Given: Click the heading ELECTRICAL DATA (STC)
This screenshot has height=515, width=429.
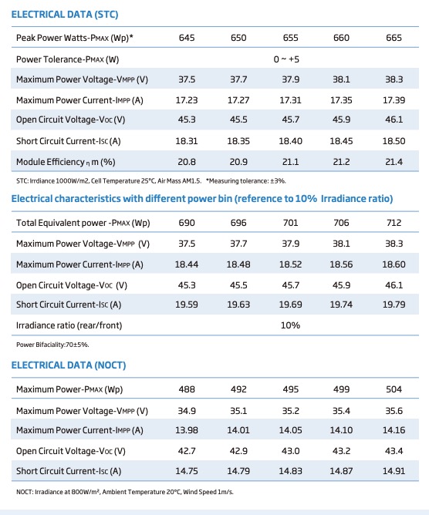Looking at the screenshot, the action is pyautogui.click(x=65, y=15).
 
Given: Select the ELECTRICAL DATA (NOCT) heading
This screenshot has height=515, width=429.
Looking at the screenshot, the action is pyautogui.click(x=69, y=365).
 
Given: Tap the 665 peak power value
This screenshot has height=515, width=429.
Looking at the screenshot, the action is pyautogui.click(x=394, y=38).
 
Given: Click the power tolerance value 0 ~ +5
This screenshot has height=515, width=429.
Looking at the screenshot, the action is pyautogui.click(x=286, y=59).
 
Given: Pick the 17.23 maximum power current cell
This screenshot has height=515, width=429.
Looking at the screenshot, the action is pyautogui.click(x=187, y=100).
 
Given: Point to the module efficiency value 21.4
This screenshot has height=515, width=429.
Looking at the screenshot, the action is pyautogui.click(x=394, y=162).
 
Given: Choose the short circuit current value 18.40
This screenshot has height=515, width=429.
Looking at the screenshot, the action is pyautogui.click(x=291, y=141).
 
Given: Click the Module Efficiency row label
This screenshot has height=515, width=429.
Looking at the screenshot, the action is pyautogui.click(x=66, y=162).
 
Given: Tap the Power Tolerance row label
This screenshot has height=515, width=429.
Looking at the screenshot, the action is pyautogui.click(x=68, y=59).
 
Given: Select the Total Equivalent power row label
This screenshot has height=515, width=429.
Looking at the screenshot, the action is pyautogui.click(x=83, y=223).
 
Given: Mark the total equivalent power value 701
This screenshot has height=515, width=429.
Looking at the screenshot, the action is pyautogui.click(x=291, y=223).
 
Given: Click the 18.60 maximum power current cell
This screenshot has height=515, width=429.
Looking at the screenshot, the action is pyautogui.click(x=394, y=264).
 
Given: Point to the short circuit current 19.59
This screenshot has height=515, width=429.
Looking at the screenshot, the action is pyautogui.click(x=187, y=305).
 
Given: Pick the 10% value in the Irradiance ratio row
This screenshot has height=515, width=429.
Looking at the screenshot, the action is pyautogui.click(x=291, y=325).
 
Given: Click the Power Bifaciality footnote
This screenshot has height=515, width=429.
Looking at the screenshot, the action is pyautogui.click(x=52, y=345).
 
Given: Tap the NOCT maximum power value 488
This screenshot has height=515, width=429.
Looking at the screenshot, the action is pyautogui.click(x=187, y=389).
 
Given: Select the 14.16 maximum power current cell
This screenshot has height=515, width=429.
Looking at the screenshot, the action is pyautogui.click(x=394, y=430).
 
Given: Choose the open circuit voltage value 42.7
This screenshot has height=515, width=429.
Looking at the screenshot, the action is pyautogui.click(x=187, y=451).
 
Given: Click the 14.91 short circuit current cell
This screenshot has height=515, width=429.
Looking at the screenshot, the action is pyautogui.click(x=394, y=471).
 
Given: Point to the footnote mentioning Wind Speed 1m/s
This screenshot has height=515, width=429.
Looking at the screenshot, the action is pyautogui.click(x=125, y=492).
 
